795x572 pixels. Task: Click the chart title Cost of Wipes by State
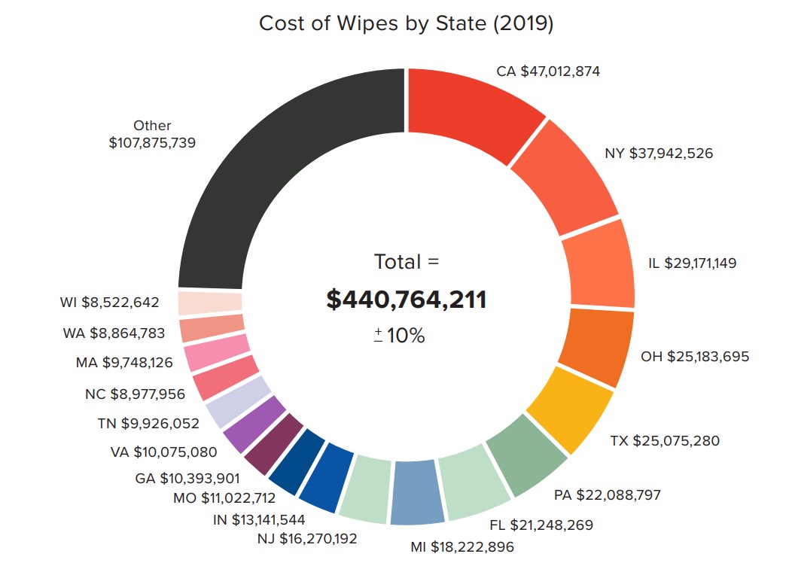406,23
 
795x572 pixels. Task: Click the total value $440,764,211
406,300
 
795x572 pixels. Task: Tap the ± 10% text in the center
400,336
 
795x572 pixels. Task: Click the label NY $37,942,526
659,154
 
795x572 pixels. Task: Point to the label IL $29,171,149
692,263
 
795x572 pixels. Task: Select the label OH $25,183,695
694,356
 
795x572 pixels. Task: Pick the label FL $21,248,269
551,525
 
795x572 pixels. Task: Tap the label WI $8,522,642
110,303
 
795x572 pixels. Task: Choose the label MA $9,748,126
124,362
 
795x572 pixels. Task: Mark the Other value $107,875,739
152,141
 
